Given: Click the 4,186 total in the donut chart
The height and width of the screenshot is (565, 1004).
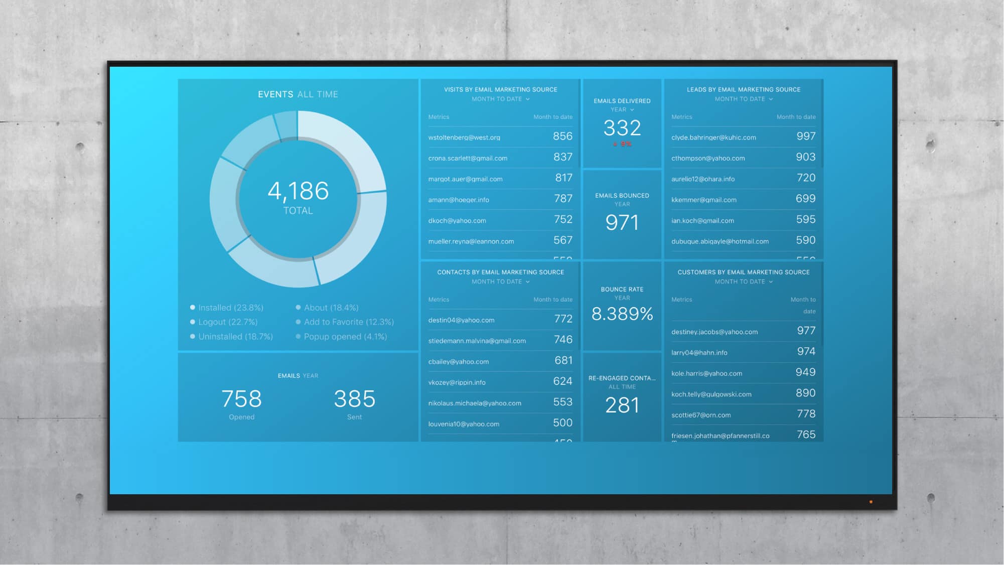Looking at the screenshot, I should pyautogui.click(x=298, y=191).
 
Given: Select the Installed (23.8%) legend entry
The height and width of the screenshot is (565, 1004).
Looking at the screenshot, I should pyautogui.click(x=230, y=308).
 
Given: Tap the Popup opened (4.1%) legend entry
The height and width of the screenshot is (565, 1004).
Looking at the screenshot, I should pyautogui.click(x=345, y=337).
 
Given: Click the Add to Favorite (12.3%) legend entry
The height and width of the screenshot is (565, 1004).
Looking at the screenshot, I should pyautogui.click(x=349, y=322).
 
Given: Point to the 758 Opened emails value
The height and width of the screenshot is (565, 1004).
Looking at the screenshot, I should pyautogui.click(x=241, y=399).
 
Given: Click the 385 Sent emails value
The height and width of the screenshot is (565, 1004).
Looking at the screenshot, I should pyautogui.click(x=354, y=399).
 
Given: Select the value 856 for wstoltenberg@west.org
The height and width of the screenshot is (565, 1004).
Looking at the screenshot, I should pyautogui.click(x=562, y=136).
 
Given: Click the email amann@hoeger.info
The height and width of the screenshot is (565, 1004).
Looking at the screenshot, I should pyautogui.click(x=459, y=200).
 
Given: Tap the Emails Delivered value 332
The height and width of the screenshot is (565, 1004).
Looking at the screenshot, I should pyautogui.click(x=622, y=128).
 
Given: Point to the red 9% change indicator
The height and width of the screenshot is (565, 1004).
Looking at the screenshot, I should pyautogui.click(x=623, y=144).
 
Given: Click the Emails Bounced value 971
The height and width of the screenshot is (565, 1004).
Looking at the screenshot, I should pyautogui.click(x=622, y=223).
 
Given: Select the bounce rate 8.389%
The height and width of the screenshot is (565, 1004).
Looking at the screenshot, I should pyautogui.click(x=622, y=314).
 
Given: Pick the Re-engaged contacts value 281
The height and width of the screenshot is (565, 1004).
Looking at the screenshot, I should pyautogui.click(x=622, y=405).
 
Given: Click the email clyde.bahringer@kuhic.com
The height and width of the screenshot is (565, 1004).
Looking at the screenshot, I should pyautogui.click(x=713, y=137).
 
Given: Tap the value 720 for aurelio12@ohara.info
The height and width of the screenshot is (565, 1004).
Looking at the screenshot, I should pyautogui.click(x=806, y=178).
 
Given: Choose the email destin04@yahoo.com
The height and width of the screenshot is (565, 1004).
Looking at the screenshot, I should pyautogui.click(x=461, y=320).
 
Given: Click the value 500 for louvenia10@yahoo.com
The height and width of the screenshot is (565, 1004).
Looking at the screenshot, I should pyautogui.click(x=562, y=423).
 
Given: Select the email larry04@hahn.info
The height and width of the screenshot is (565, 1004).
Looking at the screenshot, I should pyautogui.click(x=699, y=353).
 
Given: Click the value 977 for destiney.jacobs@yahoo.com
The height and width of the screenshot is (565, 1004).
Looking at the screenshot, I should pyautogui.click(x=806, y=331).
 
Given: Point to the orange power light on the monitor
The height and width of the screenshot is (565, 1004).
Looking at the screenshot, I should pyautogui.click(x=871, y=502).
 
